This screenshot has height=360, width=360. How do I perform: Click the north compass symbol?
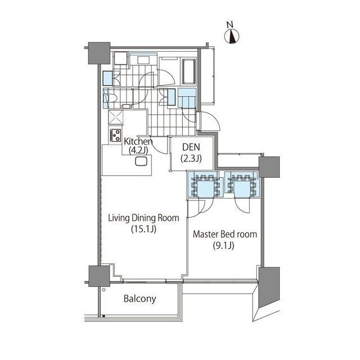tap(232, 37)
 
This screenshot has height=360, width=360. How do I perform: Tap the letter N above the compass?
tap(230, 25)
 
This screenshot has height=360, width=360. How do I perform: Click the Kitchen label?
tap(138, 141)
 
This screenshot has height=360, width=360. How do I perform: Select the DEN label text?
tap(191, 147)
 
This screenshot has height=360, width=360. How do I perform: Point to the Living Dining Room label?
tap(143, 218)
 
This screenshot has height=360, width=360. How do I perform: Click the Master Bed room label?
tap(225, 234)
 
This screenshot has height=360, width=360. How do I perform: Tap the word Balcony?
tap(140, 299)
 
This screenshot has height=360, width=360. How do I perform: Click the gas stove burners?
tap(115, 135)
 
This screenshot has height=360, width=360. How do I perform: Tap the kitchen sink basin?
tap(141, 161)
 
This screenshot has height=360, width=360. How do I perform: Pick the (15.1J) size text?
tap(144, 229)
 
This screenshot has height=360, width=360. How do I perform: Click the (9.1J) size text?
tap(223, 246)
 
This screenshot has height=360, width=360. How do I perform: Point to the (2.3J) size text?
tap(191, 159)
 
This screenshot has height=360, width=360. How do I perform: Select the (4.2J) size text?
tap(138, 150)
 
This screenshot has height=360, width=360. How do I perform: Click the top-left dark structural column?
tap(99, 53)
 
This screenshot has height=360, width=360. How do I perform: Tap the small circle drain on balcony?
tap(103, 290)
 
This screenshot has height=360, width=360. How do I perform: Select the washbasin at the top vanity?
tap(143, 60)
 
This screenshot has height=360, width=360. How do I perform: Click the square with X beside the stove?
tap(116, 118)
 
